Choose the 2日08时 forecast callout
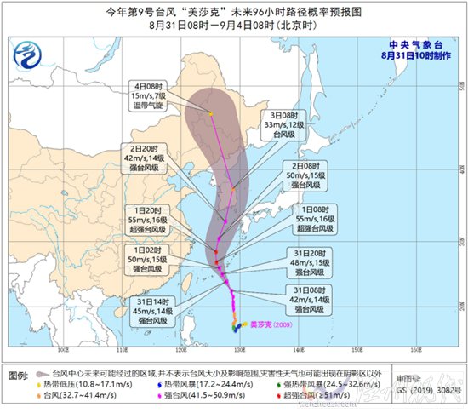pyautogui.click(x=305, y=176)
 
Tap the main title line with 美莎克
pyautogui.click(x=234, y=11)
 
